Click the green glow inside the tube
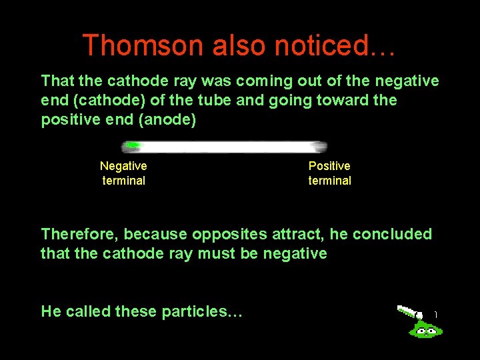133,145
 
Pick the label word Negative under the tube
123,166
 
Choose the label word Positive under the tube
329,166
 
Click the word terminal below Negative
123,181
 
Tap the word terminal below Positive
329,181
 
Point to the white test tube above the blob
409,311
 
